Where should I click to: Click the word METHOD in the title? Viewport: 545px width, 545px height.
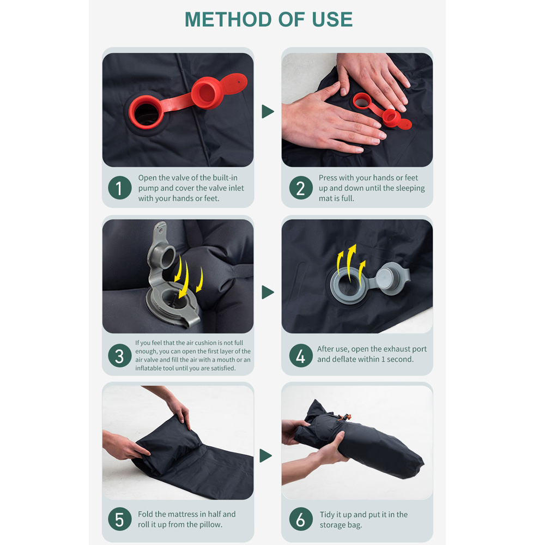coord(228,20)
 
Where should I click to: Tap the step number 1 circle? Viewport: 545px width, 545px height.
coord(119,187)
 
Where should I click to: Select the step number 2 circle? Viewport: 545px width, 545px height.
coord(301,187)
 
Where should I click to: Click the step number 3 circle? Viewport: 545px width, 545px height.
coord(119,355)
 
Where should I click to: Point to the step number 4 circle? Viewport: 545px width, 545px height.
coord(301,355)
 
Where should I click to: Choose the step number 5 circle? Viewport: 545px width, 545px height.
coord(119,519)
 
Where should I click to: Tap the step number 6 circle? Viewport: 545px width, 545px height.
coord(301,519)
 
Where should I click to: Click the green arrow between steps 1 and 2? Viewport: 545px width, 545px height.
coord(268,112)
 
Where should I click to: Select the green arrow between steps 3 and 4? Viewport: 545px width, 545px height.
coord(268,292)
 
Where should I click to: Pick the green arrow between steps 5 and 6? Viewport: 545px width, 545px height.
coord(265,456)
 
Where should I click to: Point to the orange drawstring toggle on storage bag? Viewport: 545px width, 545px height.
coord(346,417)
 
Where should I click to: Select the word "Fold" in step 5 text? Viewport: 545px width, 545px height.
coord(146,514)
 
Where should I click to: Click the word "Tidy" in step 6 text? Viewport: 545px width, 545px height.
coord(327,514)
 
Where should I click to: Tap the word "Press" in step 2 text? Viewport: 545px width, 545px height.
coord(328,178)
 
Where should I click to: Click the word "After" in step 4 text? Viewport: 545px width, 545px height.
coord(325,349)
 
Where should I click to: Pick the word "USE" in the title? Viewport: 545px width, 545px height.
coord(332,20)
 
